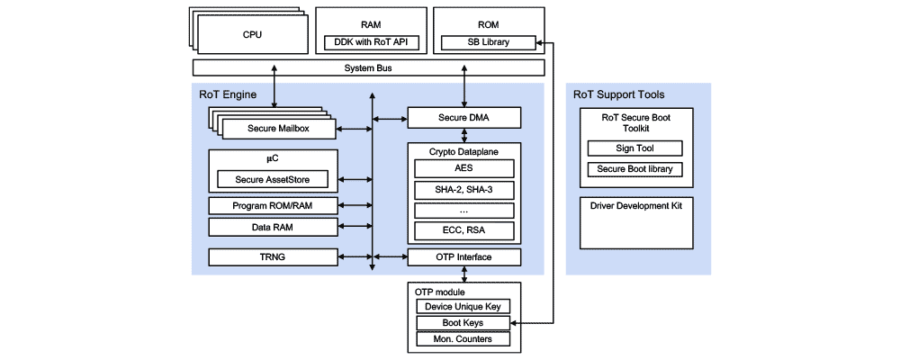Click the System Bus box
(368, 67)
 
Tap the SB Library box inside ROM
(488, 42)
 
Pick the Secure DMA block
(463, 117)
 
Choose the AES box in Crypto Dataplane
(463, 167)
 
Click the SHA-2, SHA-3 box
(463, 189)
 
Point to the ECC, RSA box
(463, 230)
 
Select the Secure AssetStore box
(272, 180)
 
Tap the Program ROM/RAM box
(272, 205)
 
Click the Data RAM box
(272, 227)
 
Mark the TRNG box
(272, 256)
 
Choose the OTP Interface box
(463, 257)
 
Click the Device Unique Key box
(463, 307)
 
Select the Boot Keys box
(463, 323)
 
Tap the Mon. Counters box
(463, 339)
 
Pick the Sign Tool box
(634, 148)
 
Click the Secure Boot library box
(634, 169)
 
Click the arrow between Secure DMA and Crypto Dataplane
(464, 134)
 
